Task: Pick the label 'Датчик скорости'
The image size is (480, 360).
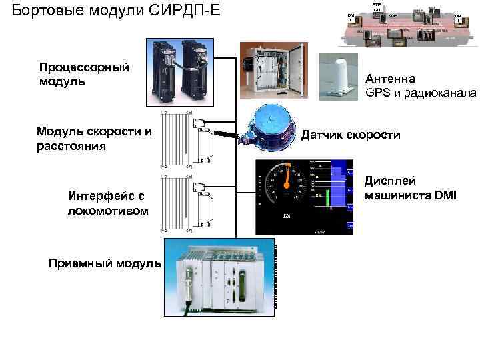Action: click(x=351, y=135)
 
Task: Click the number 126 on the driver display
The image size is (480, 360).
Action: click(x=287, y=217)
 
